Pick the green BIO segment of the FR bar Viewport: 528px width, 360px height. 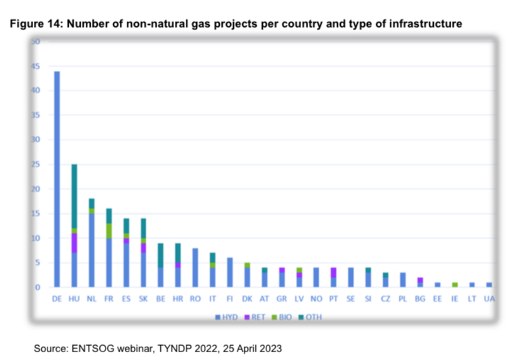pyautogui.click(x=108, y=230)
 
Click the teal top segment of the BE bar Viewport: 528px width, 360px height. pyautogui.click(x=161, y=254)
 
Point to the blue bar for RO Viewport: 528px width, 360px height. pyautogui.click(x=195, y=267)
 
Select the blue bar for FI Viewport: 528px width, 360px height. pyautogui.click(x=230, y=272)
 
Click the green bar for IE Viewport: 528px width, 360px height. pyautogui.click(x=454, y=284)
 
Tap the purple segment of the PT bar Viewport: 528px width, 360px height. pyautogui.click(x=334, y=272)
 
